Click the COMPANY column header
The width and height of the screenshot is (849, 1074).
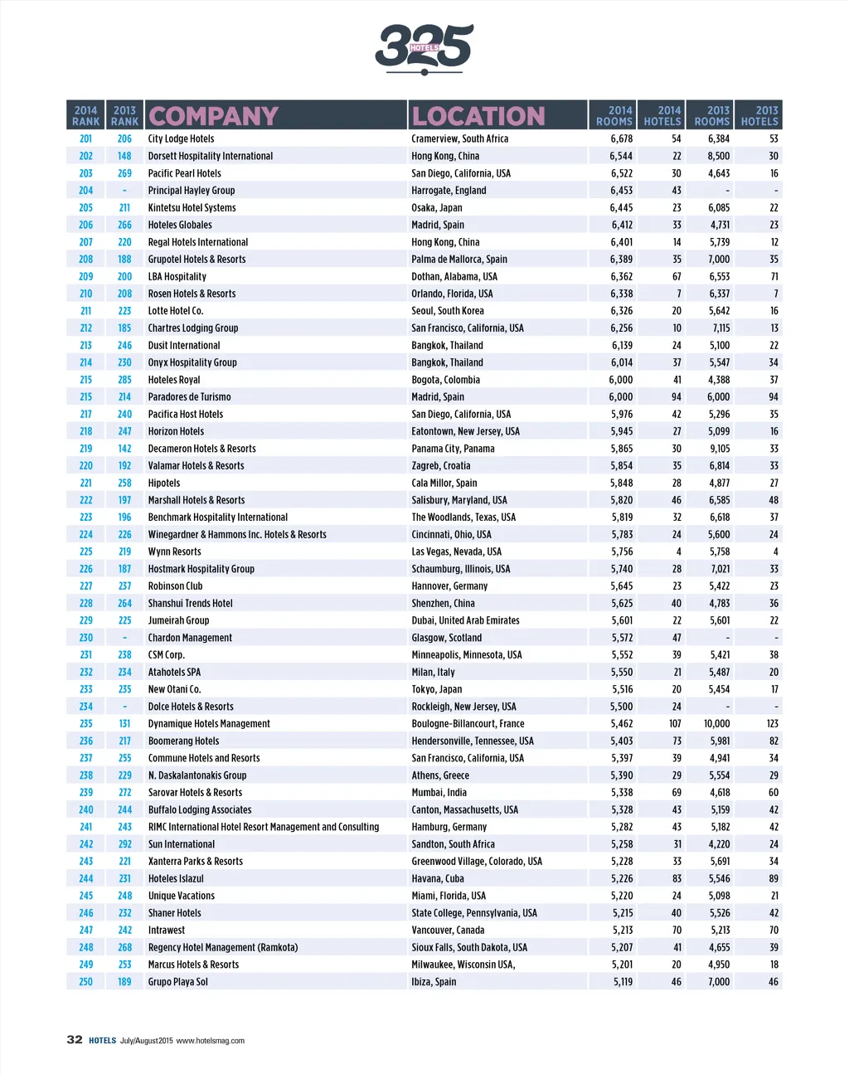(x=213, y=116)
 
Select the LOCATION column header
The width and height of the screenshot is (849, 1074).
(x=478, y=116)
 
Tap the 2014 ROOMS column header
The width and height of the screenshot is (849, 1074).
(x=614, y=115)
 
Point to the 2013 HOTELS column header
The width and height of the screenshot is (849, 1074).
(x=759, y=115)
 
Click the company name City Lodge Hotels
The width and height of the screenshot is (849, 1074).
(x=181, y=139)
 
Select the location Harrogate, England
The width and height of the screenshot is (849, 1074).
(x=449, y=191)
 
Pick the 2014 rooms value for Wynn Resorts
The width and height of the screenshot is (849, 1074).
(x=622, y=552)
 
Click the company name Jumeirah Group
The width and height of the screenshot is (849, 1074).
(x=178, y=620)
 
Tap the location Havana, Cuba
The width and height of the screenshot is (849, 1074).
(x=438, y=878)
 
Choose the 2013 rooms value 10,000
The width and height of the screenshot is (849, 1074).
(x=717, y=724)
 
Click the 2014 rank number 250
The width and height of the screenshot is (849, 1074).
(x=86, y=982)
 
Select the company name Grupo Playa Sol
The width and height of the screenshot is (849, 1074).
(x=177, y=982)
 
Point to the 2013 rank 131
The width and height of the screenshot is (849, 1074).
(x=124, y=724)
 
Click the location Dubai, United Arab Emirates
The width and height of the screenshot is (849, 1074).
(x=465, y=620)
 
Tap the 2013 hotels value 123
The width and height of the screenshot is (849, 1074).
(x=772, y=724)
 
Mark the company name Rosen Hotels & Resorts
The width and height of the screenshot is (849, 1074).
(x=192, y=294)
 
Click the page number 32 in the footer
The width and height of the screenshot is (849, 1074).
(x=75, y=1039)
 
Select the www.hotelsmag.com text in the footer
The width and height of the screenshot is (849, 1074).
(x=210, y=1041)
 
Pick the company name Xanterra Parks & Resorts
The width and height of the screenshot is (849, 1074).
(x=195, y=862)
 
